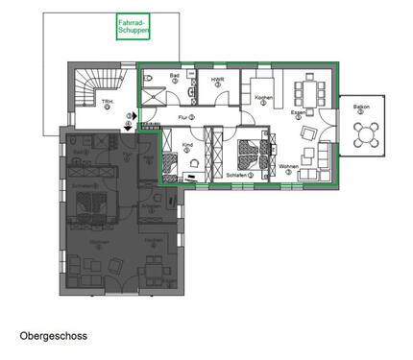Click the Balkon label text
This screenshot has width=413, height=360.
point(360,108)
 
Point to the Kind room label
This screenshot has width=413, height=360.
point(187,148)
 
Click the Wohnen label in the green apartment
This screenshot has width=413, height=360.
point(289,169)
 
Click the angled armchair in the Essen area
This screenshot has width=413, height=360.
point(308,132)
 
